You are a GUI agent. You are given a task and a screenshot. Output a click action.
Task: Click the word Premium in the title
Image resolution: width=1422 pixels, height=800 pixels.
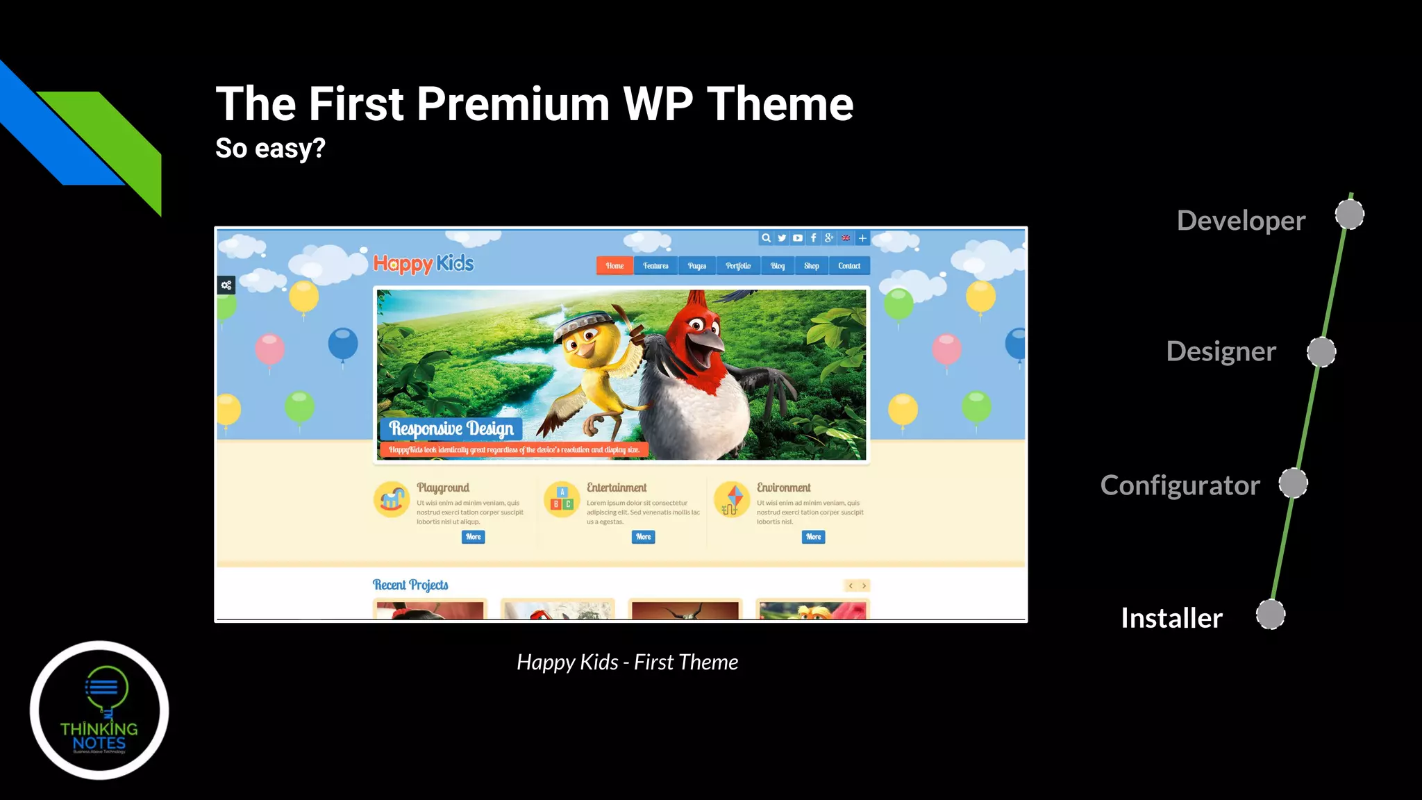[512, 104]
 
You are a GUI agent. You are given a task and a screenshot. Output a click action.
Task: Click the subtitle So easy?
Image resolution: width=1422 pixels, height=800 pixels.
[270, 148]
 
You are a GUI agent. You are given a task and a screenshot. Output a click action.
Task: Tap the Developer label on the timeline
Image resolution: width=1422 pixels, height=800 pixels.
[1241, 221]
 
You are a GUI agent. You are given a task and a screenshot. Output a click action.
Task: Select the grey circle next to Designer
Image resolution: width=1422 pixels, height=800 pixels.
[1321, 352]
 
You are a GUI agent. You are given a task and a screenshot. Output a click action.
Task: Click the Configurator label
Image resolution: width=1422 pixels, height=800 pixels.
[1180, 485]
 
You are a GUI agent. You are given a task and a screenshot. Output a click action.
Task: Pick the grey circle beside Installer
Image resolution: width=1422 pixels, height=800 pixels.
[1270, 615]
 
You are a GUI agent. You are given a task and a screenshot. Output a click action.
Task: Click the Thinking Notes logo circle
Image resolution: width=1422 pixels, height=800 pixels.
[99, 710]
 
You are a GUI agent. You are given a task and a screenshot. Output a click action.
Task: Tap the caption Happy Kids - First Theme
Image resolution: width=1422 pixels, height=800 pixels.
[627, 662]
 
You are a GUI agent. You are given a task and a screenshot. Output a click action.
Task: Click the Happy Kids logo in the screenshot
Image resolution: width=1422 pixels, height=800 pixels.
[424, 264]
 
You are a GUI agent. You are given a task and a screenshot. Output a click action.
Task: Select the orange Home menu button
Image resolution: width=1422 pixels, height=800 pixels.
[614, 266]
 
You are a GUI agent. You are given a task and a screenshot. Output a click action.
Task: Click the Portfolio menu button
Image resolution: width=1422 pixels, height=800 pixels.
[738, 266]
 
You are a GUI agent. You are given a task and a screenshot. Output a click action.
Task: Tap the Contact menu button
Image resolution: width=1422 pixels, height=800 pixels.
[848, 266]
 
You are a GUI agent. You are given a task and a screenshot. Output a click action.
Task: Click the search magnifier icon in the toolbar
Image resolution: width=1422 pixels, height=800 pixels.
[766, 238]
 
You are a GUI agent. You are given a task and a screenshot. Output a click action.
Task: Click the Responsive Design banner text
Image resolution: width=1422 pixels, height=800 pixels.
[451, 428]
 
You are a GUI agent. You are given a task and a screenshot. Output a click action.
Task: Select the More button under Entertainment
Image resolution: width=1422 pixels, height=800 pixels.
[643, 537]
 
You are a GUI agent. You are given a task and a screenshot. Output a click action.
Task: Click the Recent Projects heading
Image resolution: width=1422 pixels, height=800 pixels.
[410, 585]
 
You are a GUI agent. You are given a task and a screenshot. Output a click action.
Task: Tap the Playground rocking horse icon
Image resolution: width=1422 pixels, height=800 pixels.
[392, 499]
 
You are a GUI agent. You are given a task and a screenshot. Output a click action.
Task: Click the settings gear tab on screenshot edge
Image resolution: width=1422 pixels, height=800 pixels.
[226, 285]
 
